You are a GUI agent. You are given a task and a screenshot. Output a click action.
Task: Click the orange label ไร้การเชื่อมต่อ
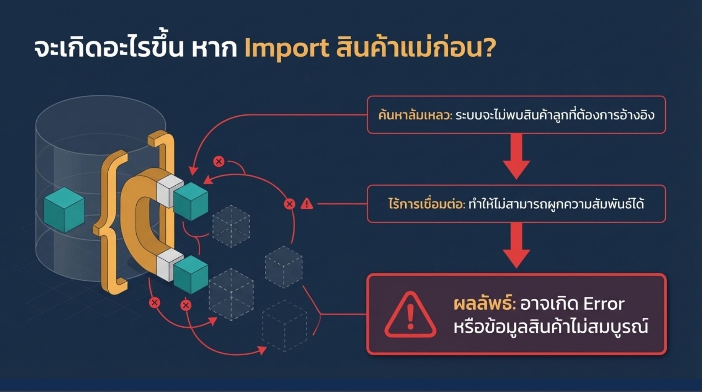[426, 204]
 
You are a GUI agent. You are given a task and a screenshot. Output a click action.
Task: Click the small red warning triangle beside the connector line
[307, 204]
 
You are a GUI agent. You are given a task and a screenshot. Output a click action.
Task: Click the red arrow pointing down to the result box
[516, 246]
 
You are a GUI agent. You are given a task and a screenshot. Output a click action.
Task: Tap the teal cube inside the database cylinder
[64, 210]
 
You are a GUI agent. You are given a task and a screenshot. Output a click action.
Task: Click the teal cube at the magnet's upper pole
[191, 201]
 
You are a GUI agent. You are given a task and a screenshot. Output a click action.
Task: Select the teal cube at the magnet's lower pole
[191, 274]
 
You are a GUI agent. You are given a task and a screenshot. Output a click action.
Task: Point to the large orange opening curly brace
[111, 222]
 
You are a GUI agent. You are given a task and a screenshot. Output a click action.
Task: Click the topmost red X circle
[219, 162]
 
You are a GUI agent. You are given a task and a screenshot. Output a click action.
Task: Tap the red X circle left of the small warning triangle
[290, 204]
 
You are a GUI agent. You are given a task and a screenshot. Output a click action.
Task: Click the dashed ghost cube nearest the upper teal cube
[231, 226]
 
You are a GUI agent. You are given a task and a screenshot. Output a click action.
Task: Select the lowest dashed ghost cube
[284, 325]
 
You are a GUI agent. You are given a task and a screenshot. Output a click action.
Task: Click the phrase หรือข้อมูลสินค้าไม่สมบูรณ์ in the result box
[550, 328]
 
